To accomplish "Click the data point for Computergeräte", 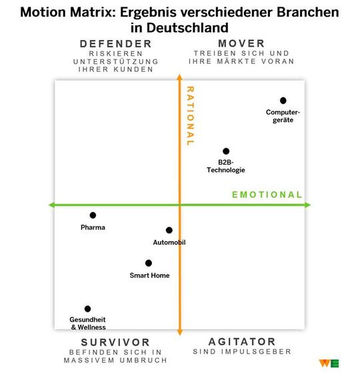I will click(x=283, y=101).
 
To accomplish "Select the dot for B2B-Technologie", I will click(x=226, y=151).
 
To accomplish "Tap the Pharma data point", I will click(x=93, y=215).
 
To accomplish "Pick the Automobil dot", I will click(x=169, y=230).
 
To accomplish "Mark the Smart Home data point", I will click(x=149, y=263).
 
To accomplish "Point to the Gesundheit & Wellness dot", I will click(x=87, y=309).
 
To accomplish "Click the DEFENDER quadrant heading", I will click(x=116, y=44).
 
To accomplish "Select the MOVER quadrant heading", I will click(x=241, y=44).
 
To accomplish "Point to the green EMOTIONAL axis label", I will click(x=267, y=194).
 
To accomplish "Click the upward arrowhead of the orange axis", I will click(x=179, y=78).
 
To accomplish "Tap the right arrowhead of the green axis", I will click(x=307, y=204).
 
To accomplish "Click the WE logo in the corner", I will click(x=329, y=364).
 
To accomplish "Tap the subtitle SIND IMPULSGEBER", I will click(x=242, y=352).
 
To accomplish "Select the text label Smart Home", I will click(x=149, y=276).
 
